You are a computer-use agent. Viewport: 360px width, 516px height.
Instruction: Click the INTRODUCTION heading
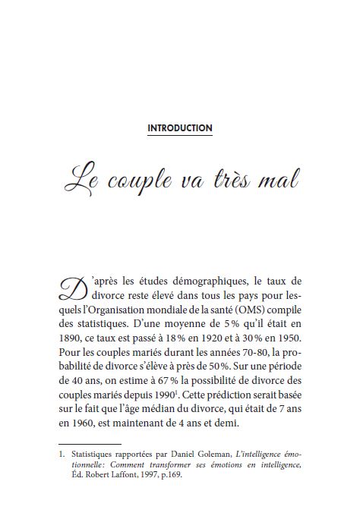pos(180,128)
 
